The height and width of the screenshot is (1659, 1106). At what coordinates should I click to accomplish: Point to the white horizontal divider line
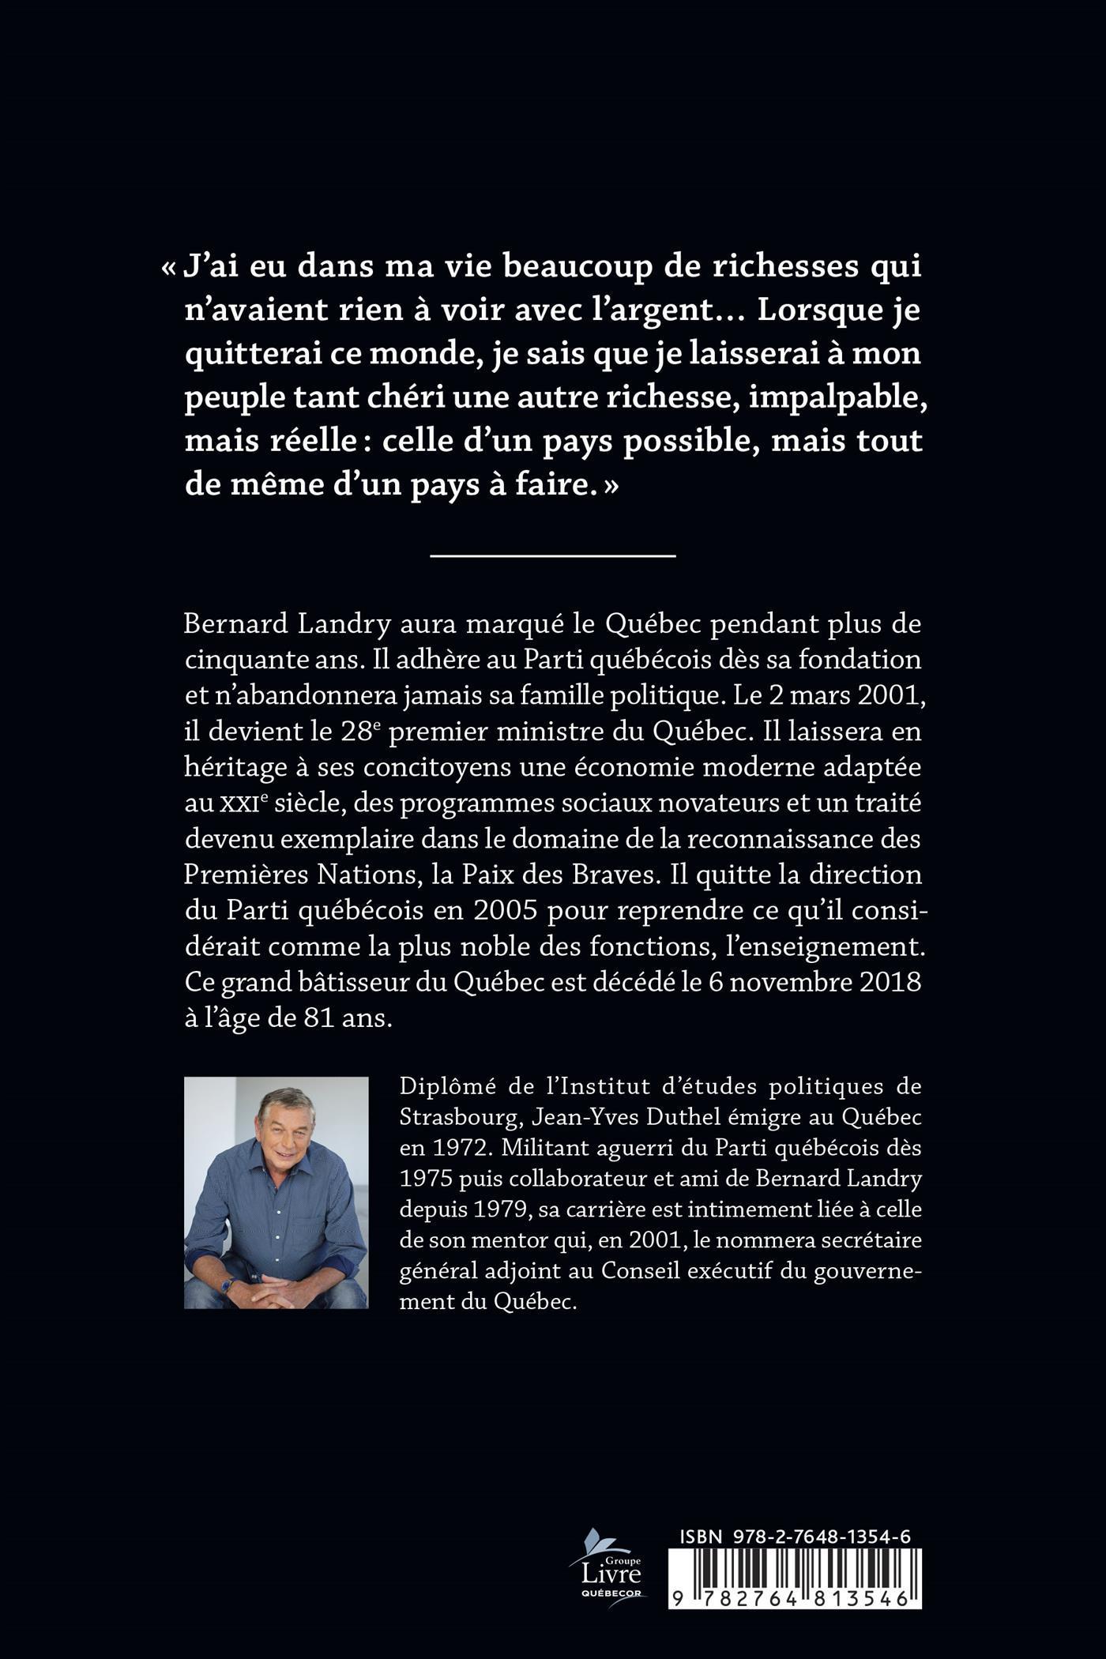click(x=553, y=557)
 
